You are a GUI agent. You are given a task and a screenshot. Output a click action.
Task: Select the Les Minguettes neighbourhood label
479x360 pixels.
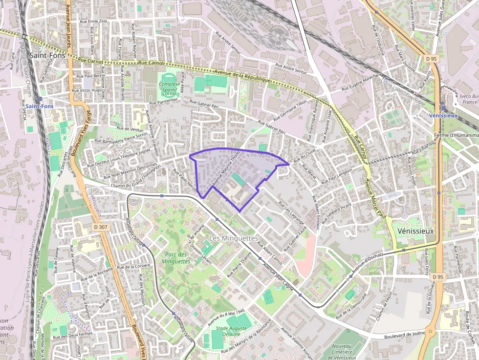point(233,238)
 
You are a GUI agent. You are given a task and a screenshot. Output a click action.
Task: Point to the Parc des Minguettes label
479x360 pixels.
point(177,258)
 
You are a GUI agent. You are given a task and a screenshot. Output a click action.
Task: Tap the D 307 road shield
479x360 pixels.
point(100,227)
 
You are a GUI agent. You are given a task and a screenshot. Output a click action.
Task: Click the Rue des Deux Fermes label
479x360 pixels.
point(73,335)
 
